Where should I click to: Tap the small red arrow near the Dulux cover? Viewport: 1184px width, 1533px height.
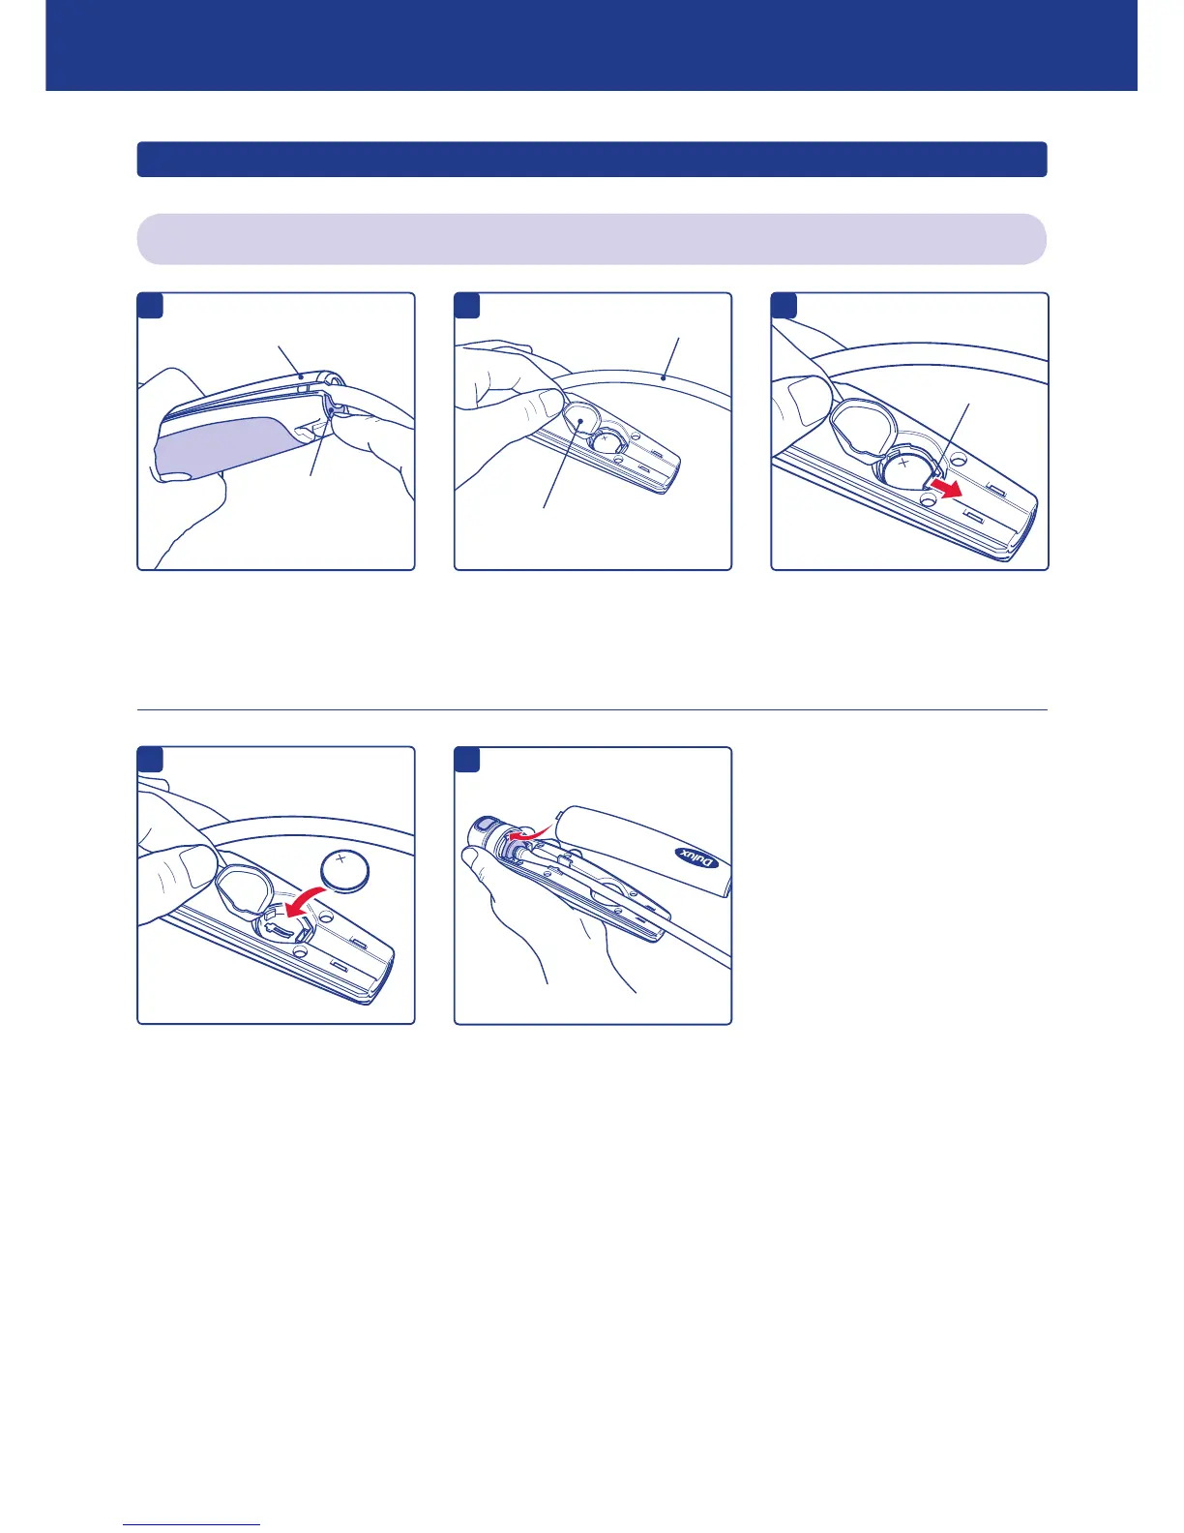(x=529, y=833)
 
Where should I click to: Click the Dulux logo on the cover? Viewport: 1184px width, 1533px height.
(x=697, y=857)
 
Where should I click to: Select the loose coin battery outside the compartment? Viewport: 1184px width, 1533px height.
(x=344, y=870)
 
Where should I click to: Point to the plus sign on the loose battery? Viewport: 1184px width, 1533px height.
(x=341, y=858)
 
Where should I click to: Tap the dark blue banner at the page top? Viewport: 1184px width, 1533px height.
(x=591, y=45)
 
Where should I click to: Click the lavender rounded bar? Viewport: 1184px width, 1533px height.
(x=591, y=239)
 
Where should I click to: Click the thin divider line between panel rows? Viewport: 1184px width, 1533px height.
(x=592, y=709)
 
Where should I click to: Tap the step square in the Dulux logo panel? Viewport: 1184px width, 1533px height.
(x=467, y=759)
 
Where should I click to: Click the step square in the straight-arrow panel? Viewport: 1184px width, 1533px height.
(x=784, y=306)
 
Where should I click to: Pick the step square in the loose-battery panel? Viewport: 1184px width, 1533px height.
(x=150, y=759)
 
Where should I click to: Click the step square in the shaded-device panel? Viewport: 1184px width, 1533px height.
(x=150, y=306)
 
